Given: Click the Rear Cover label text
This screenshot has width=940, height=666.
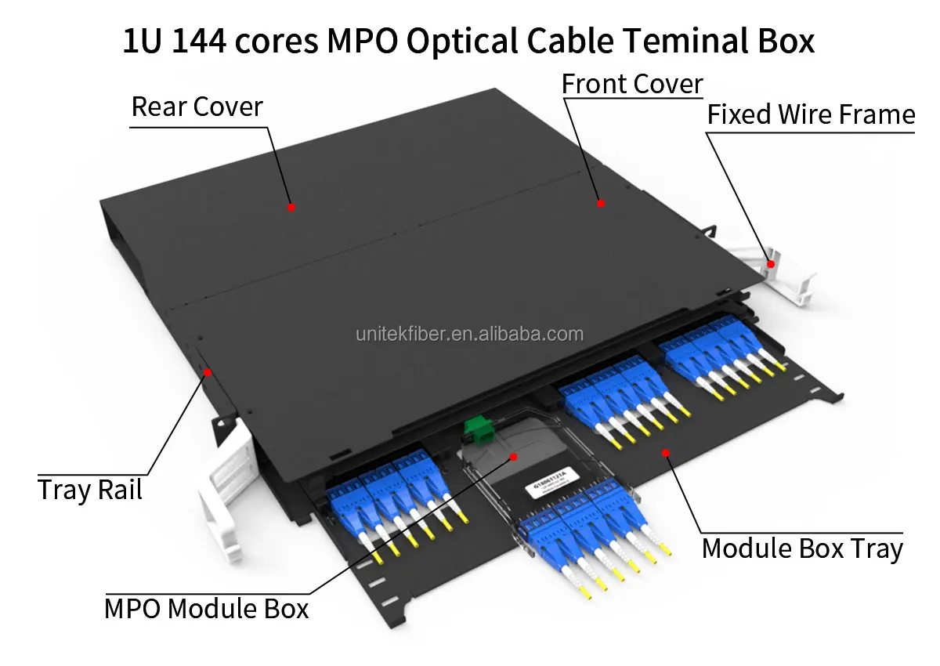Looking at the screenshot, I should pyautogui.click(x=197, y=107).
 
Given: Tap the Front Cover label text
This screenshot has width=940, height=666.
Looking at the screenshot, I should pyautogui.click(x=632, y=85).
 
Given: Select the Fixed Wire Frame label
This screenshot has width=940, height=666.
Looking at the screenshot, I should pyautogui.click(x=811, y=115).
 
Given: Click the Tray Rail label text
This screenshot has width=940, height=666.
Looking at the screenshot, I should pyautogui.click(x=90, y=490).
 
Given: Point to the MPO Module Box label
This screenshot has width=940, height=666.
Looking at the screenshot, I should pyautogui.click(x=207, y=609).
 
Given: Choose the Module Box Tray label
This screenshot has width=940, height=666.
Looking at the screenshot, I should pyautogui.click(x=802, y=548).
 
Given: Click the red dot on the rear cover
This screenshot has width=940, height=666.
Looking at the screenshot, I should pyautogui.click(x=291, y=207).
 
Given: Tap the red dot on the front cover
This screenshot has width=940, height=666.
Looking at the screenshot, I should pyautogui.click(x=601, y=203).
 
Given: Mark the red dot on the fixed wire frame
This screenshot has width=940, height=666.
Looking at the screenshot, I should pyautogui.click(x=771, y=264).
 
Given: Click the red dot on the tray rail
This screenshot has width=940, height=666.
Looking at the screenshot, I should pyautogui.click(x=208, y=372).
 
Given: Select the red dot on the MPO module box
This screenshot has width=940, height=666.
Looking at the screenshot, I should pyautogui.click(x=514, y=455).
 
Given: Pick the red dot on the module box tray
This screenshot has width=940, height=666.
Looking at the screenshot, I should pyautogui.click(x=666, y=452).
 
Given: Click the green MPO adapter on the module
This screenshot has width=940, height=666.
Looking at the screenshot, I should pyautogui.click(x=472, y=428).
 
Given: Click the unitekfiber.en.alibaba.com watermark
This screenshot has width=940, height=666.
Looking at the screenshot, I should pyautogui.click(x=470, y=335).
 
